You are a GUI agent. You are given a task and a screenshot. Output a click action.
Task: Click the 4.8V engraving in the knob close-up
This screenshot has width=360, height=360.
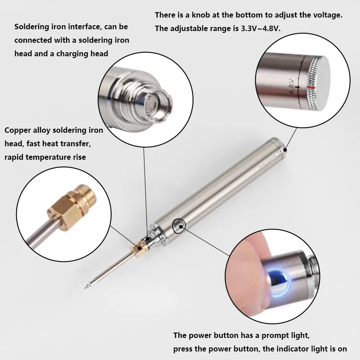tap(292, 85)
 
